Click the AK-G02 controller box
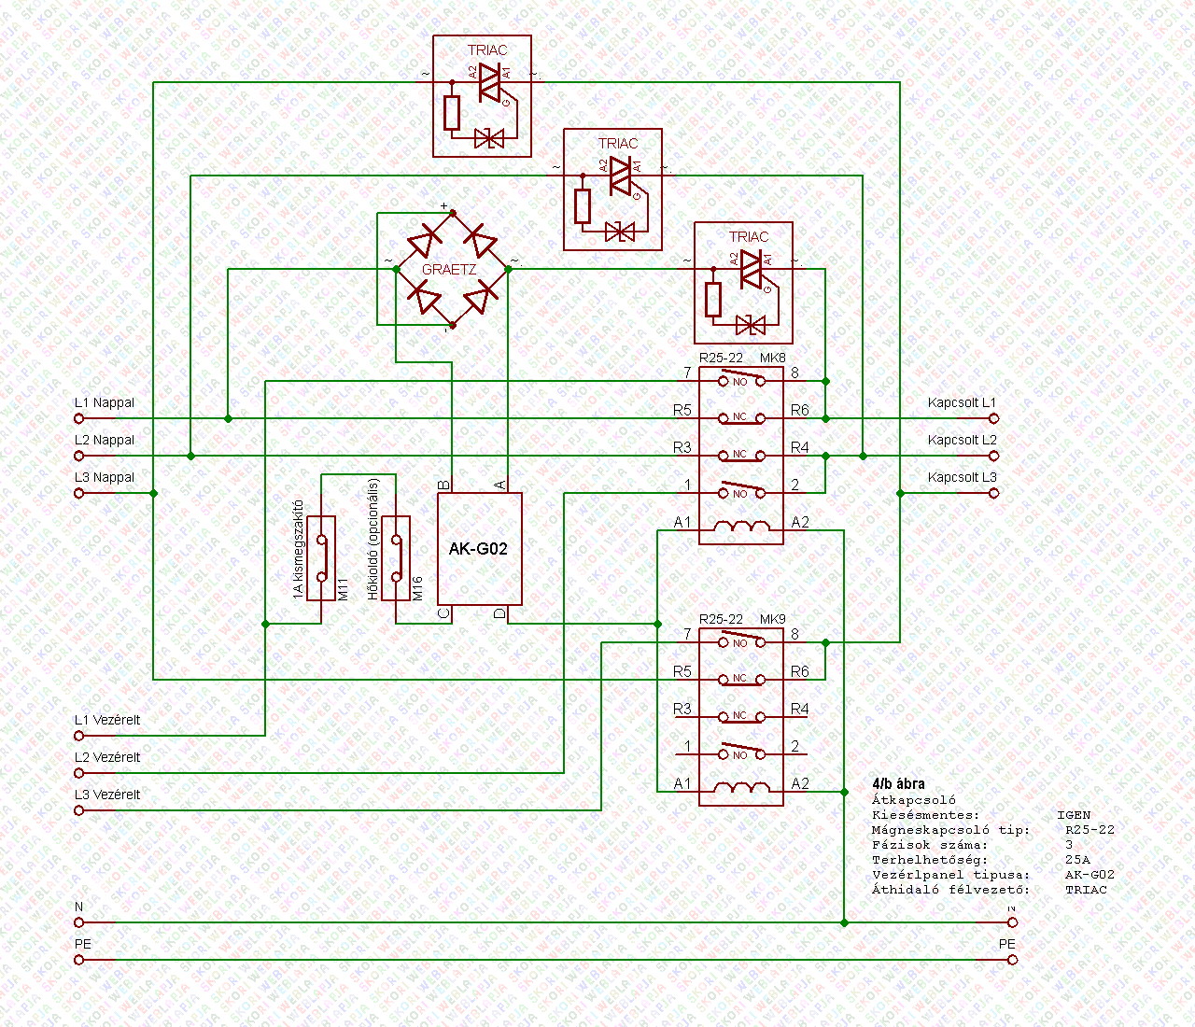pos(479,549)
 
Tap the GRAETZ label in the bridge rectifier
pos(449,270)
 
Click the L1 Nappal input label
pos(105,403)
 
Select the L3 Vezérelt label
pos(107,795)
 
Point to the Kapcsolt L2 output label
pos(963,441)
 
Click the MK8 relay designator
pos(773,359)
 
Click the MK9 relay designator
pos(773,620)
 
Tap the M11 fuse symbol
pos(323,557)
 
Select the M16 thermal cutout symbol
pos(398,557)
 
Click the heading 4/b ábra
pos(898,784)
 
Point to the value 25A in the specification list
pos(1077,860)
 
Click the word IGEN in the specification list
pos(1074,815)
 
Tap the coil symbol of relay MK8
pos(741,530)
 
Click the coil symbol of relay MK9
pos(741,792)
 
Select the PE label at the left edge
pos(83,945)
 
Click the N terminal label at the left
pos(79,907)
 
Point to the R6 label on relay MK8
pos(800,411)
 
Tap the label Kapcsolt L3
pos(963,478)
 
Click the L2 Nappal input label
pos(105,441)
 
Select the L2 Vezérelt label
pos(107,758)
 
